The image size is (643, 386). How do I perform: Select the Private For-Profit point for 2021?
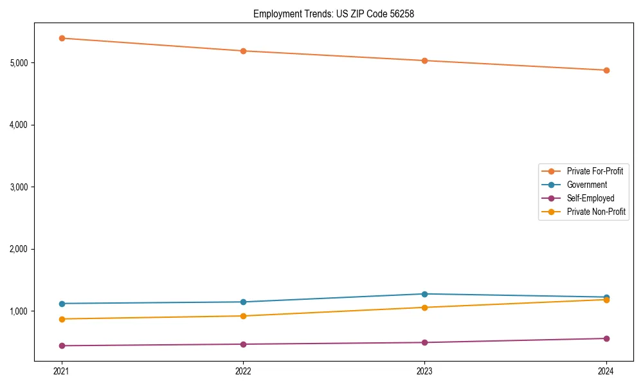(62, 38)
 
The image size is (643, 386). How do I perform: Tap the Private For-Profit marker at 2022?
(243, 51)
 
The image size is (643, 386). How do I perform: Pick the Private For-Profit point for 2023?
(424, 60)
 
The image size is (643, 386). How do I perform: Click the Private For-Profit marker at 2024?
(606, 70)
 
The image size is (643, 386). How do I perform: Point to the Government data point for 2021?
(62, 304)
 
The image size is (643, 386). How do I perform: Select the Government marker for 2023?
(424, 294)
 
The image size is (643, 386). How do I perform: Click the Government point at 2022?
(243, 302)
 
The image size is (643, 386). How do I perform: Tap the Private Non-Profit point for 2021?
(62, 319)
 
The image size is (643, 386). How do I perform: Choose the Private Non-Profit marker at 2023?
(424, 308)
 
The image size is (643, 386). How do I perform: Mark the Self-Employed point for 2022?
(243, 344)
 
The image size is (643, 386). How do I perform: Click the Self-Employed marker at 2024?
(606, 338)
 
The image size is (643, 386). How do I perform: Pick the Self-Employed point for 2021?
(62, 345)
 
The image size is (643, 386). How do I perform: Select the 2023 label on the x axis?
(424, 371)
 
